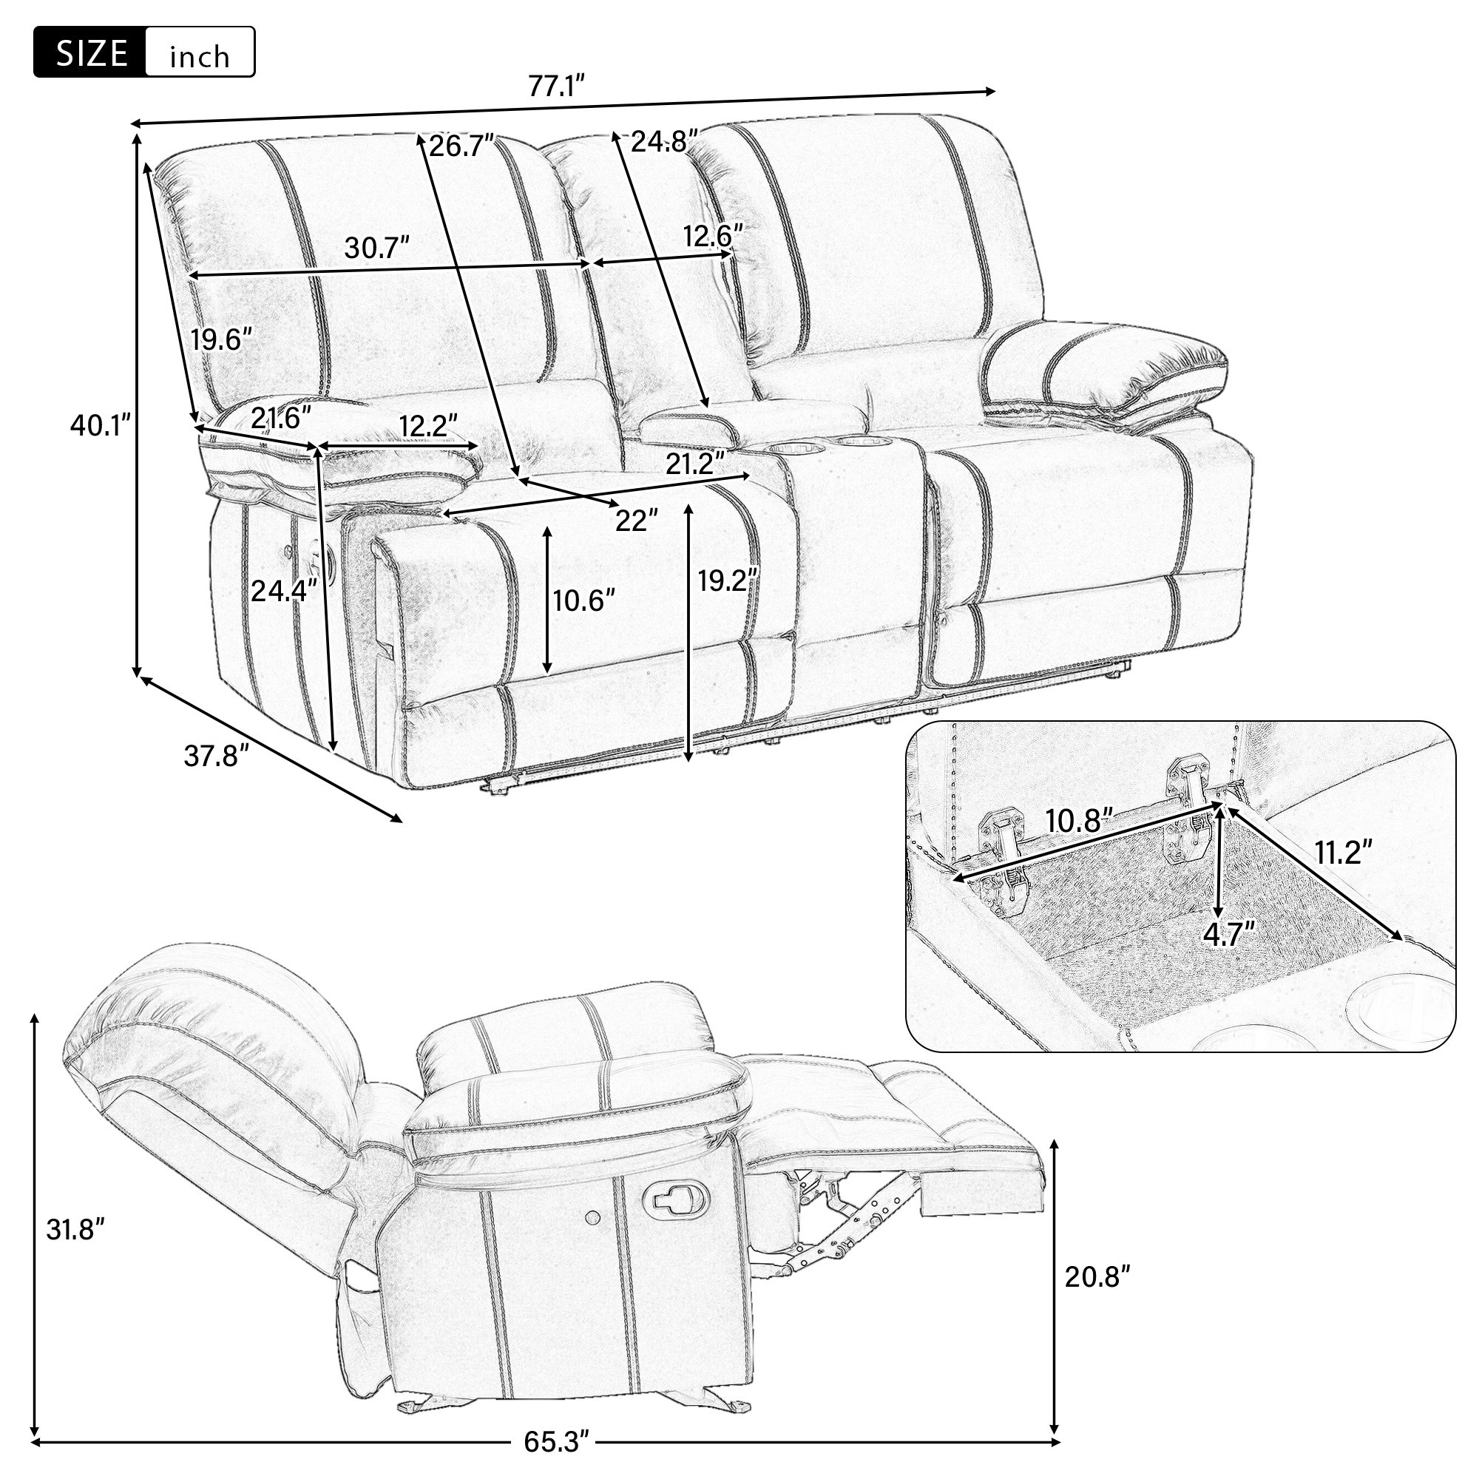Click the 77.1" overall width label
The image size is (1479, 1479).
tap(558, 87)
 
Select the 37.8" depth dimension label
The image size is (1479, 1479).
tap(217, 757)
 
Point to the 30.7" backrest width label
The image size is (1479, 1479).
tap(376, 247)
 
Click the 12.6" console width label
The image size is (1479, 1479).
tap(713, 235)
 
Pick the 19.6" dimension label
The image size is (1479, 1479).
tap(221, 339)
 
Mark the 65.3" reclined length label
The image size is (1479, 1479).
tap(558, 1442)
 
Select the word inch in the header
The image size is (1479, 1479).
tap(200, 56)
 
